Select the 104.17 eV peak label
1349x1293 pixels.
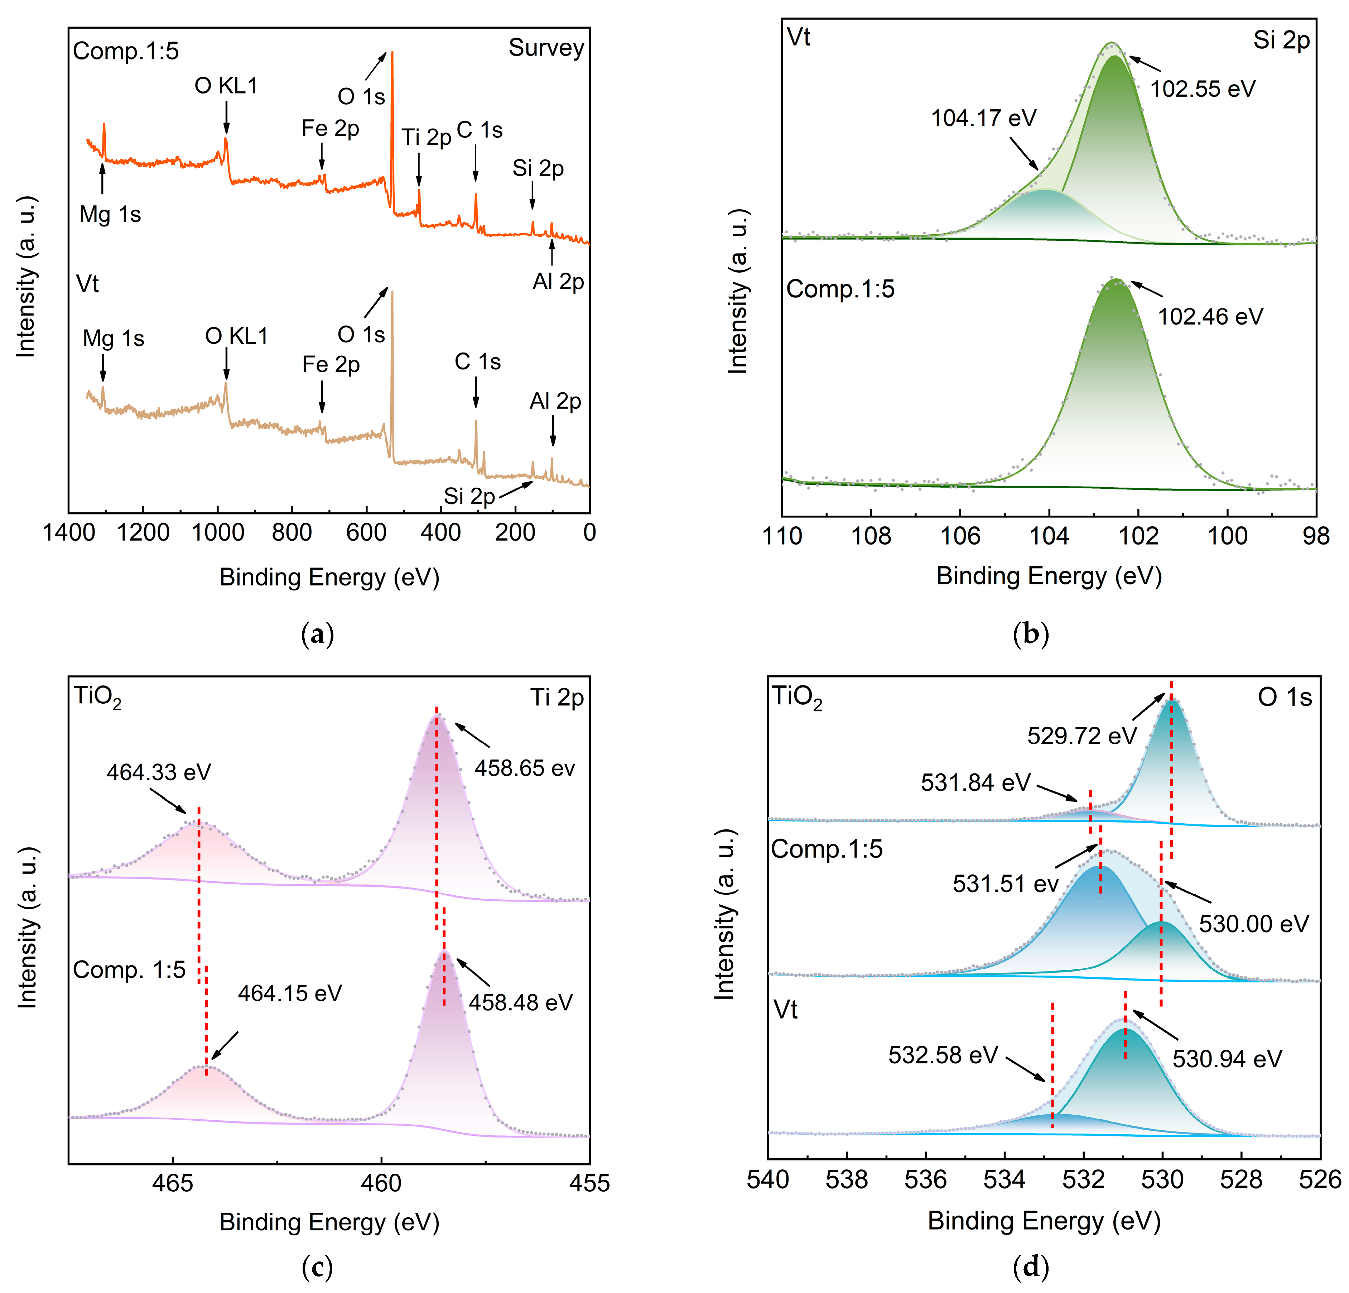(x=983, y=119)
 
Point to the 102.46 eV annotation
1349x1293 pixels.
(x=1210, y=317)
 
